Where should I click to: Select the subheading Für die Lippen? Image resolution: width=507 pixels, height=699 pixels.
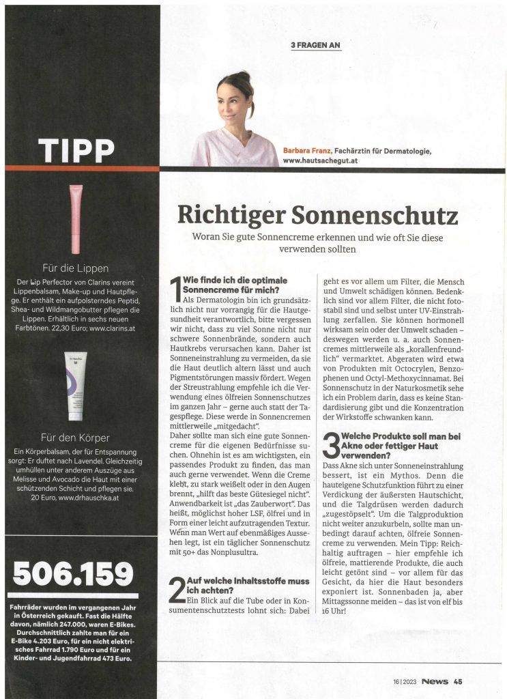coord(75,268)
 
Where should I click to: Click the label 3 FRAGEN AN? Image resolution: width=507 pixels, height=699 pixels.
coord(315,46)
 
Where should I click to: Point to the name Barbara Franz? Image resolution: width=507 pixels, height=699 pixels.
coord(306,151)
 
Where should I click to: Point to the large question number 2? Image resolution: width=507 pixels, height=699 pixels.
coord(176,589)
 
